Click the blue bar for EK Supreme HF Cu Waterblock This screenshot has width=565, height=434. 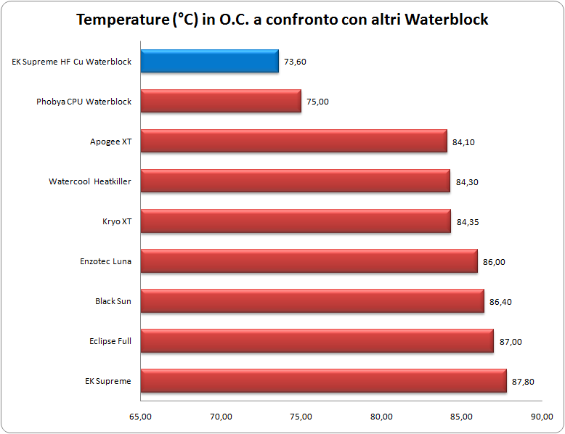tap(209, 62)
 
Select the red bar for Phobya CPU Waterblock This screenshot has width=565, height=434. tap(221, 102)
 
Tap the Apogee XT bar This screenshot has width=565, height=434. tap(293, 142)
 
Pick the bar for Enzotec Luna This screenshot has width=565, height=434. tap(309, 261)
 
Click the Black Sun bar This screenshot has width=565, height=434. tap(312, 301)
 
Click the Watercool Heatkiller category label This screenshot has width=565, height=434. tap(90, 181)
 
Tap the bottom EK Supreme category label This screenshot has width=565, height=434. tap(108, 381)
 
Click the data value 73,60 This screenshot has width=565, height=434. tap(296, 62)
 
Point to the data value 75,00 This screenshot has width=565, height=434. tap(318, 102)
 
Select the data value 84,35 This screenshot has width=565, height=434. tap(468, 222)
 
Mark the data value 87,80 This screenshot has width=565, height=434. tap(523, 382)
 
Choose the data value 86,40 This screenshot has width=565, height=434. tap(500, 302)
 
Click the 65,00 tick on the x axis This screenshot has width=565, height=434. tap(140, 417)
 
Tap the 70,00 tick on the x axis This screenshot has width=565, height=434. tap(221, 417)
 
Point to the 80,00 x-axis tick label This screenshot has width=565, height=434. tap(381, 417)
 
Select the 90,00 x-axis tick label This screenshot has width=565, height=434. tap(541, 417)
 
